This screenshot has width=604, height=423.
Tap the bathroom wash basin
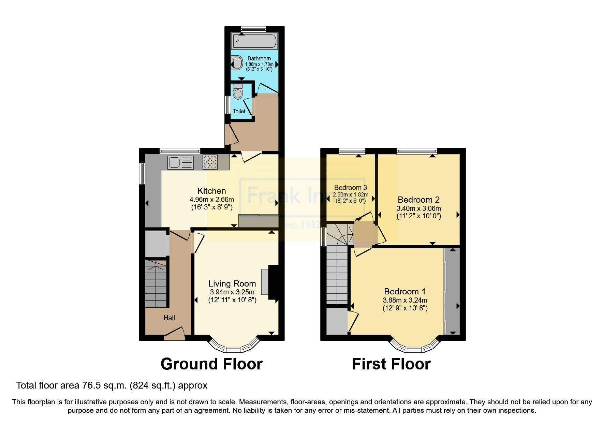236,63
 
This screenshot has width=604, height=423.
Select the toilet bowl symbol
238,91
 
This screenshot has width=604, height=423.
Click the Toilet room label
239,111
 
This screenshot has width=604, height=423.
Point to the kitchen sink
180,162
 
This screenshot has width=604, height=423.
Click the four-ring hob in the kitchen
210,162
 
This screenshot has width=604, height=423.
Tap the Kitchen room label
211,191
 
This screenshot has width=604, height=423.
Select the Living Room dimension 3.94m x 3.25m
232,292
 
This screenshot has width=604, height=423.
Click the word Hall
169,318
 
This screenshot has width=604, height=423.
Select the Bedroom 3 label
350,188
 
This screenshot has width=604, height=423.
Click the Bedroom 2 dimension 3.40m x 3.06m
418,208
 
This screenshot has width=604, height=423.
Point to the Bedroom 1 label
404,291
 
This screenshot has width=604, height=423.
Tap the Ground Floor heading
211,364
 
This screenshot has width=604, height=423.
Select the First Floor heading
391,364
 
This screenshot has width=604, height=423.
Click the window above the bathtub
253,30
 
